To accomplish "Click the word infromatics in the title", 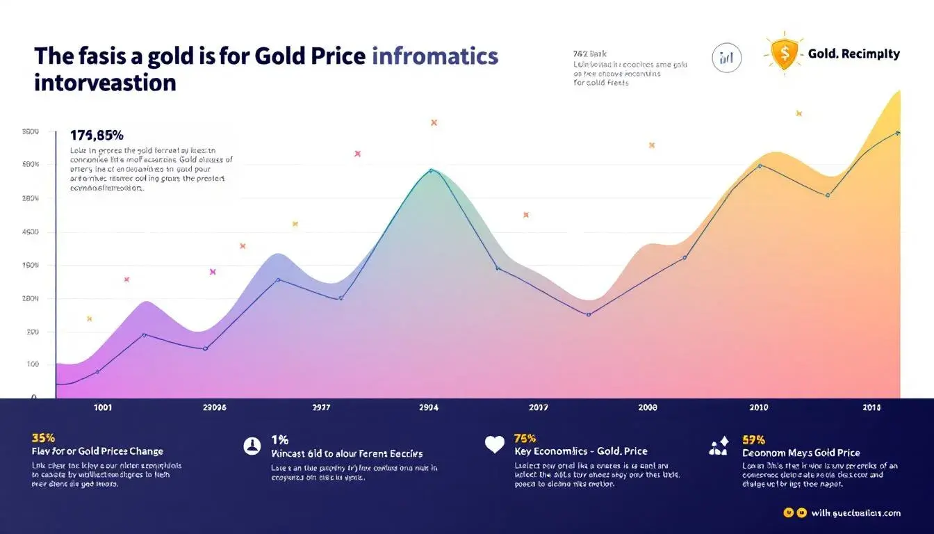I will coord(436,56).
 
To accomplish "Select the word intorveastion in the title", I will coord(105,83).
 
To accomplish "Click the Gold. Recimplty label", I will coord(853,54).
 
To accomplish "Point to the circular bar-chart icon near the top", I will coord(727,58).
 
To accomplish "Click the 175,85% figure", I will coord(97,135).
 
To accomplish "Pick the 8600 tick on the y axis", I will coord(31,131).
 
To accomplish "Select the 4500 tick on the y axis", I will coord(31,232).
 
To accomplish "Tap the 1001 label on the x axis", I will coord(103,408).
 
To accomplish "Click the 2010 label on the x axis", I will coord(759,408).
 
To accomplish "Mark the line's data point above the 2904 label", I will coord(431,170).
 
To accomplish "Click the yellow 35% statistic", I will coord(43,438).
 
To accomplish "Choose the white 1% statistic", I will coord(279,439).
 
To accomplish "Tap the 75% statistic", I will coord(525,439).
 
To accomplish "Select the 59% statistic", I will coord(753,439).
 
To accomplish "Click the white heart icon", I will coord(494,445).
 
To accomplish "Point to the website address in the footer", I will coord(855,513).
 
